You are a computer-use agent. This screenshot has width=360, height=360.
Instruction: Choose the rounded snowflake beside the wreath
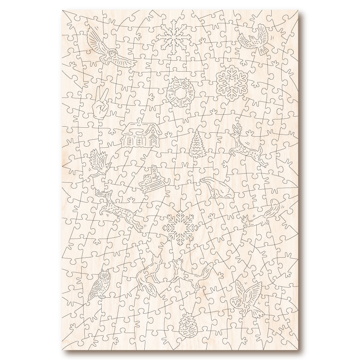tap(232, 81)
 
